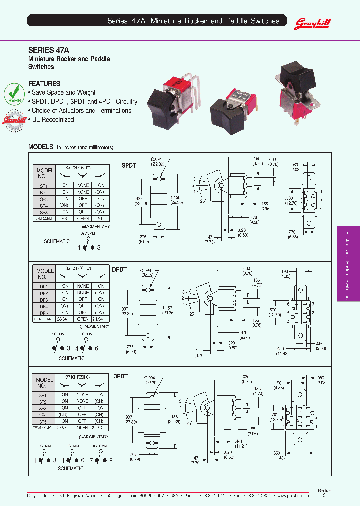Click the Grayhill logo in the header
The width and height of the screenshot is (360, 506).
pos(308,21)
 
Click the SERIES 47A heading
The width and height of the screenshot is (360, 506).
pos(48,50)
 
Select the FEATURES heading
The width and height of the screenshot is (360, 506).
pos(44,84)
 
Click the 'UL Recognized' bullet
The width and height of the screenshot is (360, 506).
pos(51,120)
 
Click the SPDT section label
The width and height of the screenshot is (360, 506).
pos(129,165)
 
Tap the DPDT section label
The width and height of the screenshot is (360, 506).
pos(119,269)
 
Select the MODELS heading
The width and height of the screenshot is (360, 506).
pos(41,147)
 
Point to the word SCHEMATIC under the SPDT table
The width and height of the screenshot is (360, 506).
pos(57,241)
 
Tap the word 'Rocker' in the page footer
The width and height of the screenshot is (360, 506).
pos(324,491)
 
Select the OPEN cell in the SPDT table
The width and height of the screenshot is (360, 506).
pos(83,219)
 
